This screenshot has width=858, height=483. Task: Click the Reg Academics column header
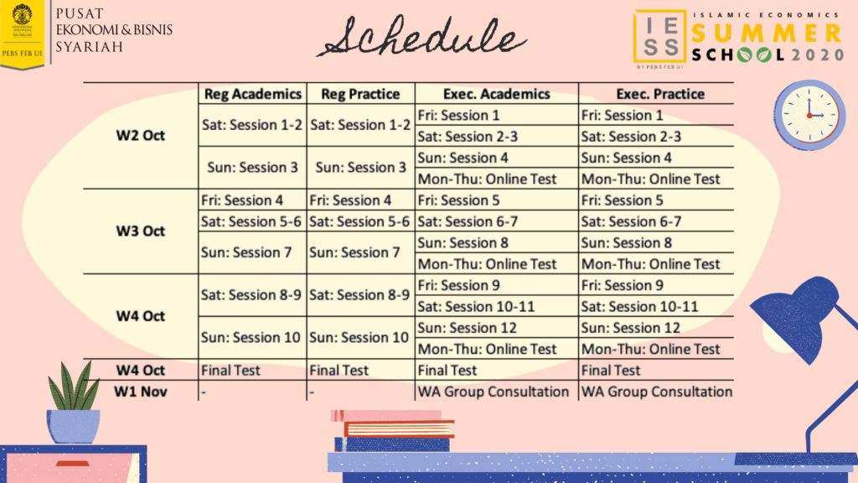(x=252, y=94)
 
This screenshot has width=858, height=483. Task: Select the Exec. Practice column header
(x=660, y=94)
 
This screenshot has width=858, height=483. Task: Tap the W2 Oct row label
(x=140, y=135)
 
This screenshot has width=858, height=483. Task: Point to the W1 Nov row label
(x=140, y=392)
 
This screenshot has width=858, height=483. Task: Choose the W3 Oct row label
(x=140, y=231)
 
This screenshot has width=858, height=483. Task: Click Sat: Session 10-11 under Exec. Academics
(x=476, y=307)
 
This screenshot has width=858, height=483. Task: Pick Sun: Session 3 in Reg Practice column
(x=360, y=167)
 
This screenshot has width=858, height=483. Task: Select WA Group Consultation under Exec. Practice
(x=657, y=392)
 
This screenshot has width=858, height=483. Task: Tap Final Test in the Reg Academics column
(x=230, y=370)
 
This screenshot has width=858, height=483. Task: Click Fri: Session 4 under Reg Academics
(x=241, y=200)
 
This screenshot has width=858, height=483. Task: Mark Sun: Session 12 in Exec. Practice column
(x=630, y=328)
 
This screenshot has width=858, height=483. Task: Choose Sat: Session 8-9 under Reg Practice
(x=359, y=294)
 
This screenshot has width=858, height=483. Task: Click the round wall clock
(x=809, y=115)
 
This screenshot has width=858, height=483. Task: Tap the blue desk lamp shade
(x=793, y=316)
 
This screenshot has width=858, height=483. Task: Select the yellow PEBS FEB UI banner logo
(x=22, y=34)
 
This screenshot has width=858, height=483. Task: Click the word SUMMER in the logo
(x=767, y=33)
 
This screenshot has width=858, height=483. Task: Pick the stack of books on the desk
(x=393, y=431)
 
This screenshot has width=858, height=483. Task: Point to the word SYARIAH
(x=90, y=47)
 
